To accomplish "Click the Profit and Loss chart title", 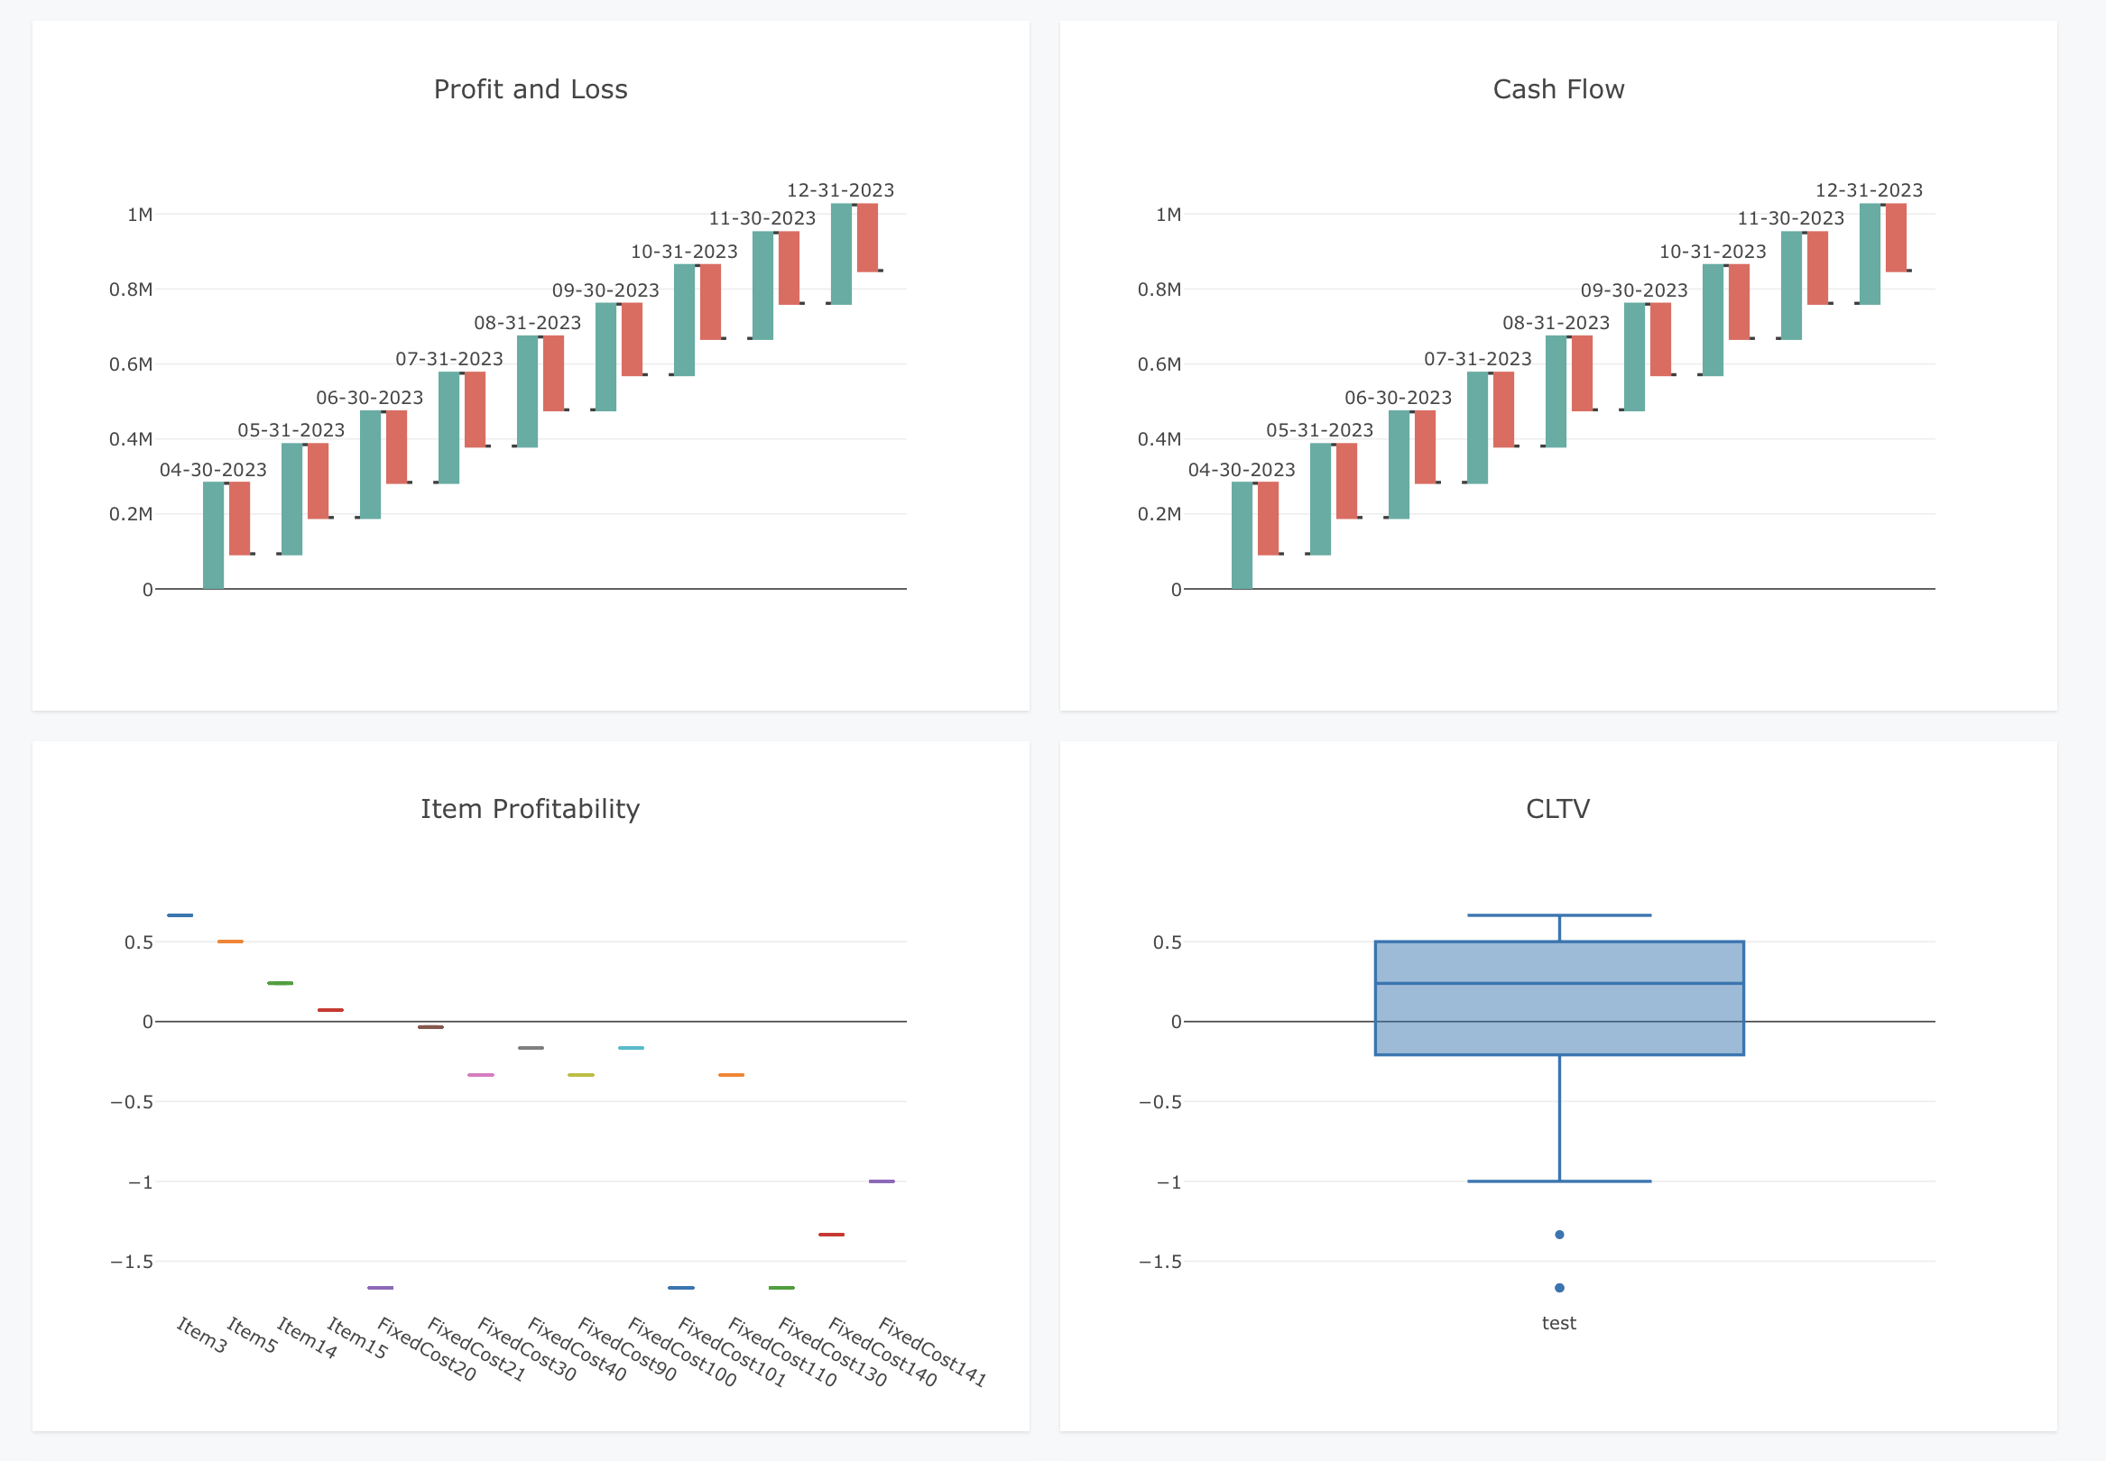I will (531, 89).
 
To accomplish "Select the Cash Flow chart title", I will (1557, 89).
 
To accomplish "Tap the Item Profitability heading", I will (531, 809).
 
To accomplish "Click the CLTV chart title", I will (1557, 809).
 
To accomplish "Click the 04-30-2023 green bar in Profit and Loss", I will (213, 536).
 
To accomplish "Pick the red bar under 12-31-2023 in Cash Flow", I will (1895, 237).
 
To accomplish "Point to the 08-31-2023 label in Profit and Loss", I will (528, 323).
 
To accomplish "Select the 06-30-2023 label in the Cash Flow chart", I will (1398, 399).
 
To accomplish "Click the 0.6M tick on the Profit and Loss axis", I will (131, 364).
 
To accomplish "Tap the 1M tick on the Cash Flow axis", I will (1168, 216).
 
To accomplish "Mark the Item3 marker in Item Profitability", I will (180, 915).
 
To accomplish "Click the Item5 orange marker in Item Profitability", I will (230, 942).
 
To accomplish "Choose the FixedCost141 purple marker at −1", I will (881, 1181).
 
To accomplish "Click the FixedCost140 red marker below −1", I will (830, 1235).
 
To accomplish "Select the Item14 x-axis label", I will (307, 1337).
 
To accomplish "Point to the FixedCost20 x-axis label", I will (426, 1349).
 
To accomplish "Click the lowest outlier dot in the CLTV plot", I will (1559, 1288).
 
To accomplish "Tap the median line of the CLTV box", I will (1559, 983).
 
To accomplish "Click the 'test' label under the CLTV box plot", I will (1558, 1323).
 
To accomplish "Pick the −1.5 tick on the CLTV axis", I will (1159, 1263).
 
